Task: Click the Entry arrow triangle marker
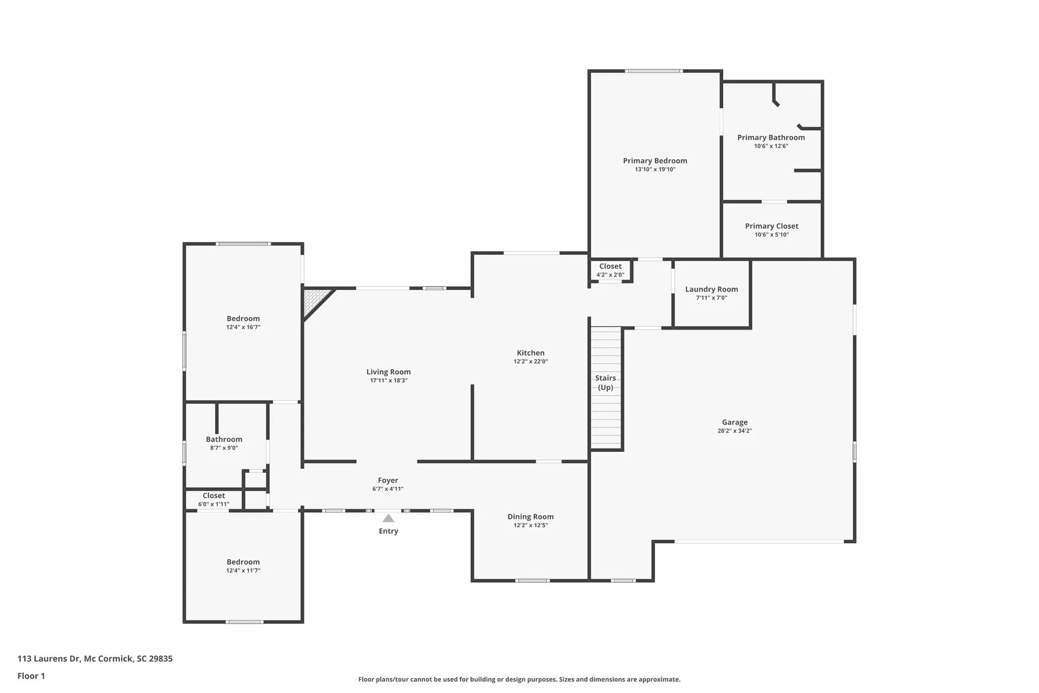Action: click(388, 518)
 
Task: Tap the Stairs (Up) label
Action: click(606, 383)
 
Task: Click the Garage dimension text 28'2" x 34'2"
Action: click(735, 431)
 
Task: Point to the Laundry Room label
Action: click(711, 290)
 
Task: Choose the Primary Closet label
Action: click(771, 226)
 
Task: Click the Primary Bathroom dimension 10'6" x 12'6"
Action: click(771, 146)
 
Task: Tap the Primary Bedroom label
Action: click(655, 161)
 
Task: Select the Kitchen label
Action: click(530, 353)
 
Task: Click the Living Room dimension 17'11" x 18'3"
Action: click(388, 381)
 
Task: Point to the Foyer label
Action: click(388, 481)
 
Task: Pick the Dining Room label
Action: click(530, 517)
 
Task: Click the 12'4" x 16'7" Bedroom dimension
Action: click(243, 328)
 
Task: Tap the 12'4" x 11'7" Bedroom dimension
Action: click(243, 571)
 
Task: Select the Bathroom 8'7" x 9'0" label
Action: click(224, 440)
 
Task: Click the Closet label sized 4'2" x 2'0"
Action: click(610, 267)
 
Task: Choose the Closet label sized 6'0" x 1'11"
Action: click(214, 496)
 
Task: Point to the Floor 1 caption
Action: click(31, 676)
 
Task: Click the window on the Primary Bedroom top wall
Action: click(654, 71)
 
